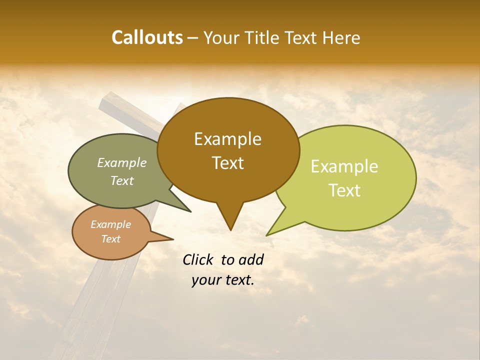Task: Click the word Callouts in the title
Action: [x=147, y=37]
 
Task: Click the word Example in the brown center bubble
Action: [x=227, y=139]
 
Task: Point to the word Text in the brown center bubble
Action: [x=227, y=163]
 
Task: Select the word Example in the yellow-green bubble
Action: [x=344, y=166]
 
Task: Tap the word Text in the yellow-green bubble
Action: [x=344, y=190]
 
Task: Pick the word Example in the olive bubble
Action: [x=121, y=163]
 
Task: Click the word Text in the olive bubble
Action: [x=121, y=181]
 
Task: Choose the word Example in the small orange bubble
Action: [x=110, y=224]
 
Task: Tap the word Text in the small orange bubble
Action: [x=110, y=239]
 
